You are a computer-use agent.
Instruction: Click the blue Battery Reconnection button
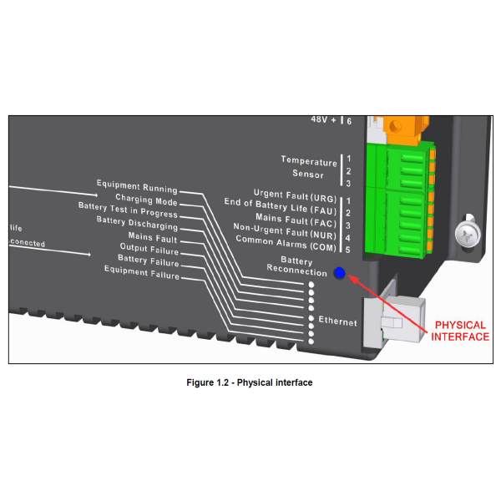339,272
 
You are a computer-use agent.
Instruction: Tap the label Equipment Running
136,185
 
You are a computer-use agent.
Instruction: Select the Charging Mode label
146,200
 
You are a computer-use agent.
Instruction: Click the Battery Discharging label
136,226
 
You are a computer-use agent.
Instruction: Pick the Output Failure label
149,248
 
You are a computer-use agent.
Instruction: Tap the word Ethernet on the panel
337,321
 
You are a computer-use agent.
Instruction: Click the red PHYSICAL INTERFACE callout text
460,331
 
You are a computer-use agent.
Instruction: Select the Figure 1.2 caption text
250,382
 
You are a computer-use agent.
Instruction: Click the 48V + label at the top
325,120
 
